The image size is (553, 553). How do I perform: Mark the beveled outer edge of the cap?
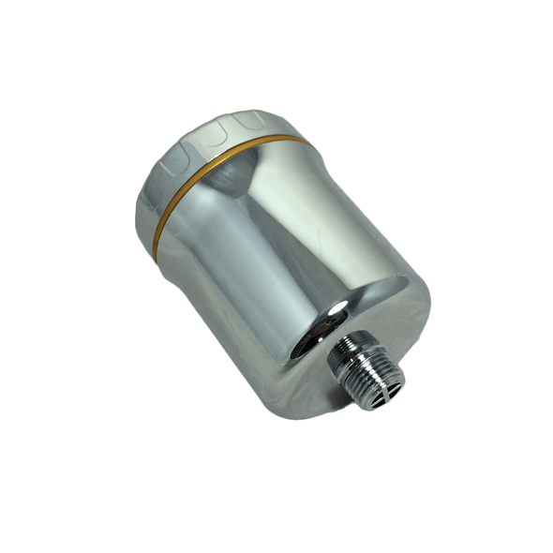point(150,187)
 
